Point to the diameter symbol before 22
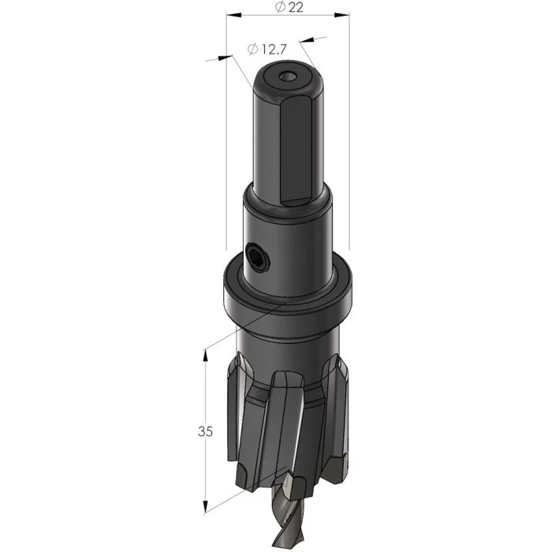279,7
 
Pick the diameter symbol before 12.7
252,49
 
